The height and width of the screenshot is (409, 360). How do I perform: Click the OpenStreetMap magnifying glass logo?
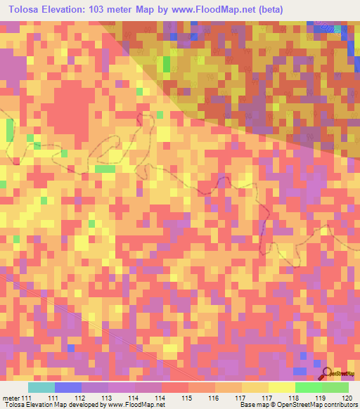(327, 374)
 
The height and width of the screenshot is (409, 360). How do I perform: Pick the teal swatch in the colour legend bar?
(41, 387)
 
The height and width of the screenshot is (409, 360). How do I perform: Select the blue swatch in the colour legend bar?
(68, 387)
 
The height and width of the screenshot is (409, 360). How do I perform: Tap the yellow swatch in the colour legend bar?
(281, 387)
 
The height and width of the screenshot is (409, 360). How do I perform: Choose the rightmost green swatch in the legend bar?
(335, 387)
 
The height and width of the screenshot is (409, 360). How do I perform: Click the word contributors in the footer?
(338, 405)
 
